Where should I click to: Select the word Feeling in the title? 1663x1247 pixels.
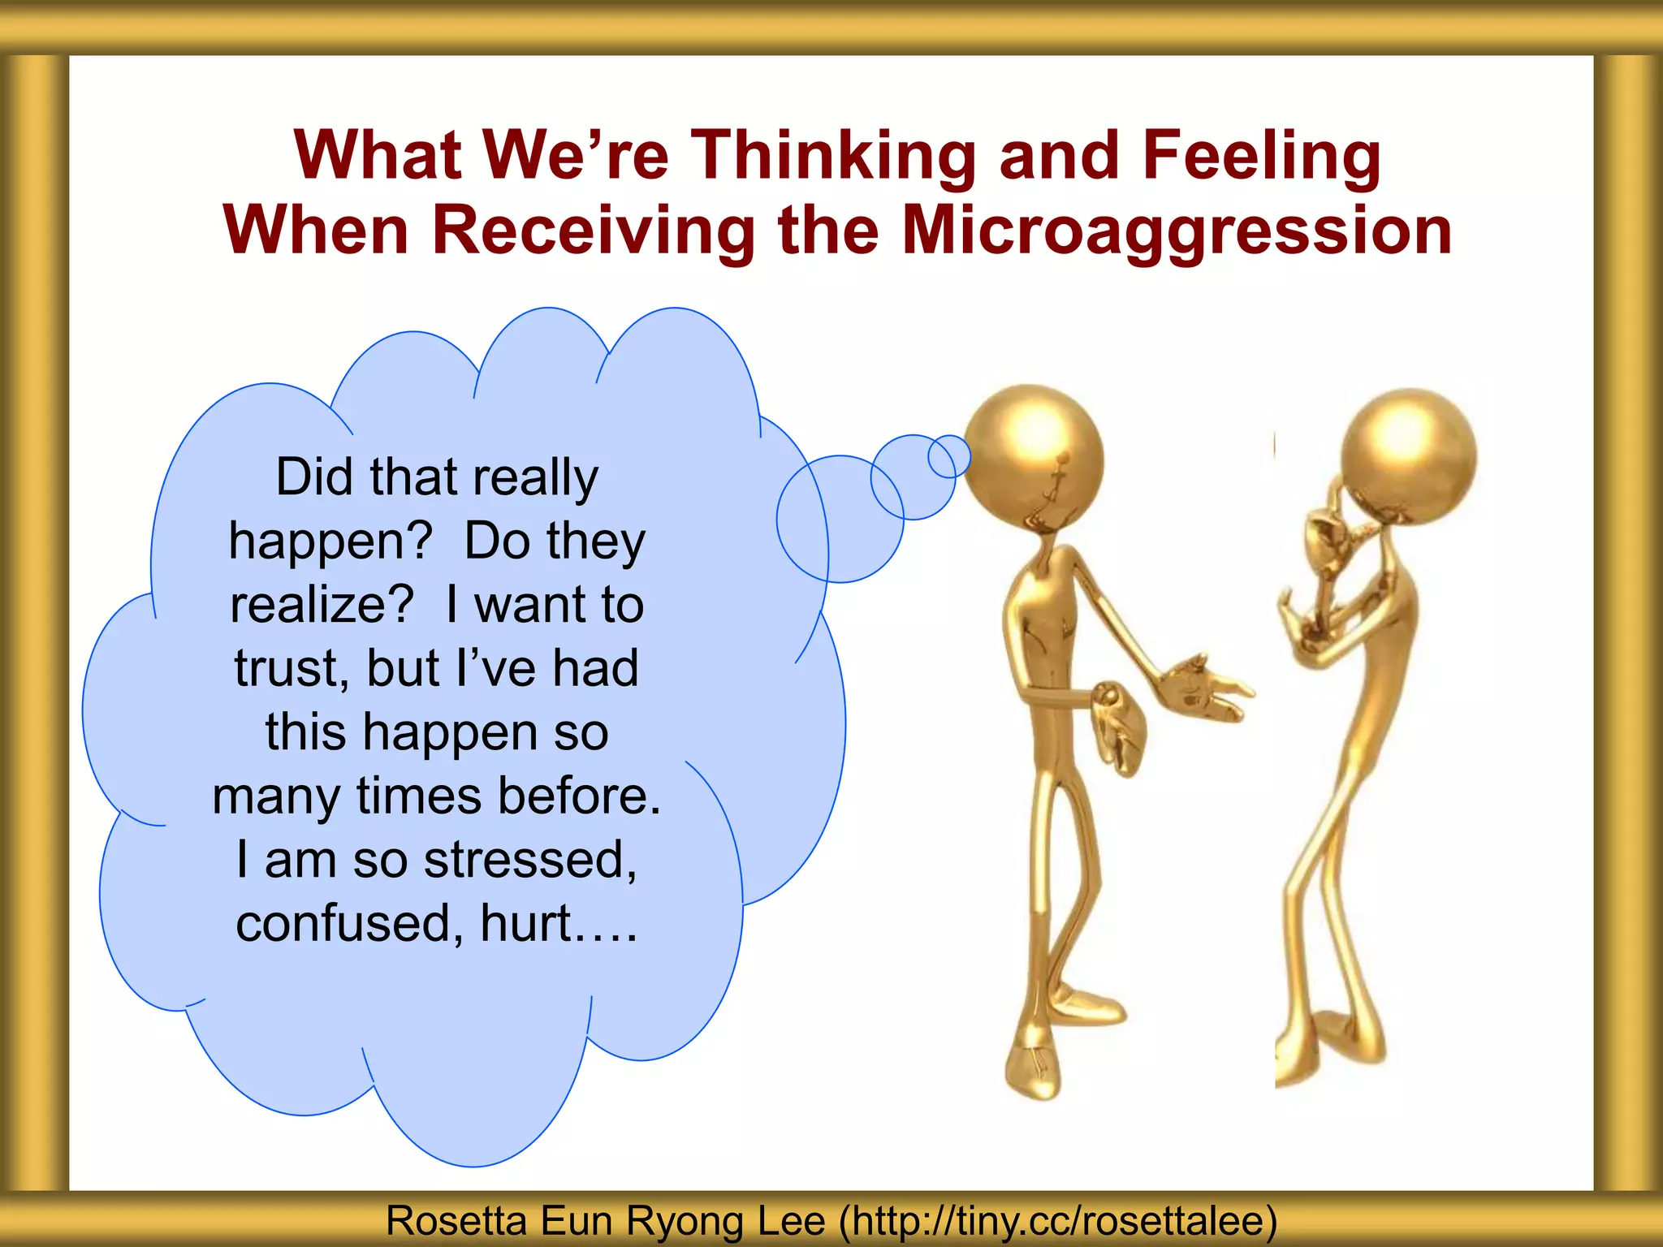click(x=1262, y=155)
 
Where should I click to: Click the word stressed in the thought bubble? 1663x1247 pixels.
click(x=530, y=859)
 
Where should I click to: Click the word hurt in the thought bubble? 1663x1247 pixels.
click(x=526, y=923)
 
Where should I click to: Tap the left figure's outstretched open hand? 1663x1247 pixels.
click(x=1202, y=686)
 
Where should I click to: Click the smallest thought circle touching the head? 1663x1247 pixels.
click(x=948, y=456)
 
